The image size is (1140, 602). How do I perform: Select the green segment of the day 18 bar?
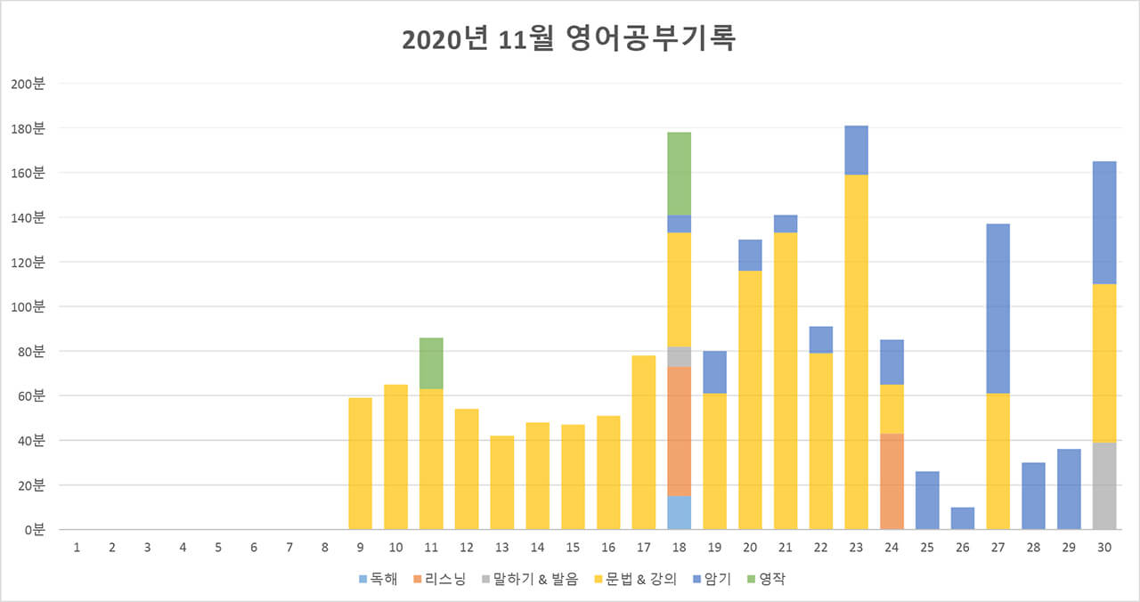[x=679, y=174]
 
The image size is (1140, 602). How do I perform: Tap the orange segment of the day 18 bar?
[x=679, y=431]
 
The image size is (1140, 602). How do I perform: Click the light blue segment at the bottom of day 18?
[x=679, y=512]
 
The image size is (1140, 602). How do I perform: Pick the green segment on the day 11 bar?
[x=431, y=363]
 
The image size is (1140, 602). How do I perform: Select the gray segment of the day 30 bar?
[x=1104, y=485]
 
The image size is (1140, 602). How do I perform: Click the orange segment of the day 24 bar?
[x=892, y=481]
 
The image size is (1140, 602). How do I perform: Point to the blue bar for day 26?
[x=963, y=518]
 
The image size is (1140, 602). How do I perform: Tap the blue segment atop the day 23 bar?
[x=856, y=150]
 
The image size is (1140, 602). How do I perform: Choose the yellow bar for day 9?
[x=360, y=463]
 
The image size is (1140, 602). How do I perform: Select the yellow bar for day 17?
[x=643, y=442]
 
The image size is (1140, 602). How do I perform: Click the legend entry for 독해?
[x=379, y=579]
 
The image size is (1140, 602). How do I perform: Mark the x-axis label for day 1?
[x=77, y=547]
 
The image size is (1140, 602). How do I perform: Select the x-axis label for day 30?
[x=1104, y=547]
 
